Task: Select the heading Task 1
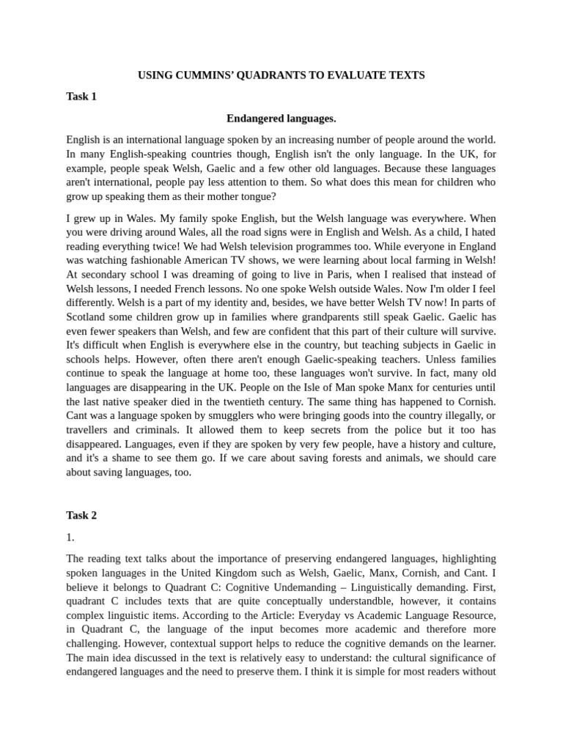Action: click(x=81, y=96)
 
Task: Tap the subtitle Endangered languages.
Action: click(x=281, y=118)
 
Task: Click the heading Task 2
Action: click(x=81, y=515)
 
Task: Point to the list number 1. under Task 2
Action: click(x=70, y=537)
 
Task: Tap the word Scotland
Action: click(x=89, y=331)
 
